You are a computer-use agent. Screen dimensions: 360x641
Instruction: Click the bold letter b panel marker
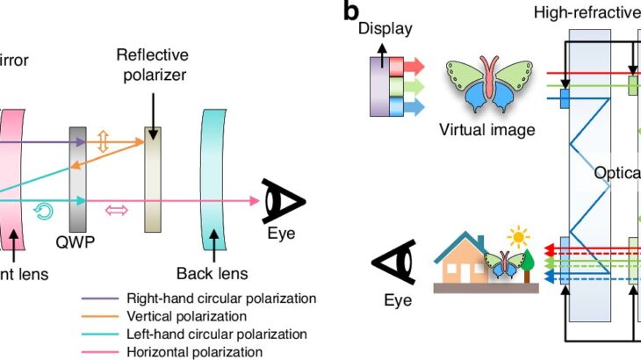[351, 11]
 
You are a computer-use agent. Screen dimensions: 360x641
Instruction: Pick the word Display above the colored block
[385, 29]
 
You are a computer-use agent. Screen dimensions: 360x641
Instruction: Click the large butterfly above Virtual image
[489, 87]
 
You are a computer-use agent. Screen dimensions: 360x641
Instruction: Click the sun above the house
[519, 238]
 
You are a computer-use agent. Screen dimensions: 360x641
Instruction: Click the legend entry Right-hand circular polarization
[221, 299]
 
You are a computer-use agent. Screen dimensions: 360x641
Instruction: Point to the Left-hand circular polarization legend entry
[217, 335]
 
